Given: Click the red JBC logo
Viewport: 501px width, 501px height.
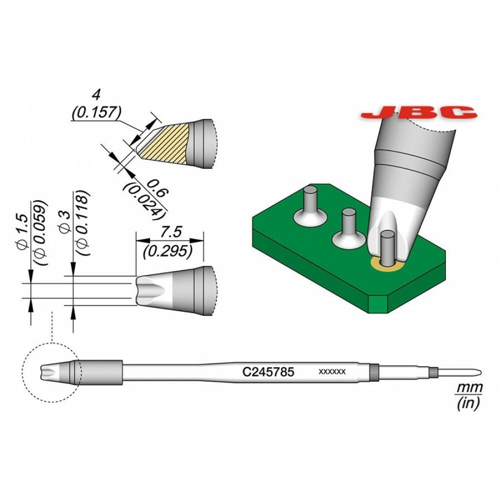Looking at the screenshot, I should [x=418, y=112].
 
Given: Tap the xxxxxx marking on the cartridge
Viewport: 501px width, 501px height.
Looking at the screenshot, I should [x=332, y=372].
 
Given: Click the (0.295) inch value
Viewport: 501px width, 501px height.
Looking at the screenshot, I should [x=168, y=252].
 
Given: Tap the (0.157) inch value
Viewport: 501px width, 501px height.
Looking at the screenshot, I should [x=95, y=113].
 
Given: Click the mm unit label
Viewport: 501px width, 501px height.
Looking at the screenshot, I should [x=470, y=387].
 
